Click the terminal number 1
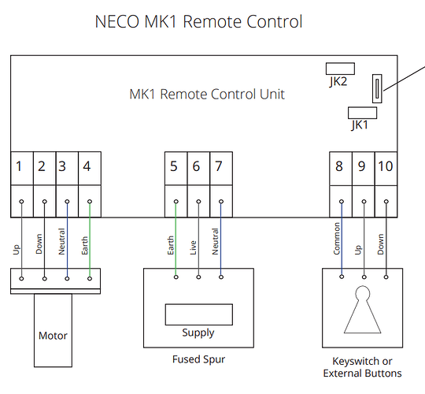coord(19,166)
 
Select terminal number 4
coord(87,166)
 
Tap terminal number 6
coord(196,166)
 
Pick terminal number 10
coord(386,166)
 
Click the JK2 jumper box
coord(340,69)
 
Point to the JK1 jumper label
coord(360,125)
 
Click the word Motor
coord(53,336)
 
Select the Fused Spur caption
coord(198,359)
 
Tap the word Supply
coord(198,333)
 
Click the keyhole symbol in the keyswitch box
coord(362,310)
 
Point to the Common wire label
coord(336,239)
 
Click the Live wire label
coord(193,247)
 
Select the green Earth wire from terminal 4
coord(90,240)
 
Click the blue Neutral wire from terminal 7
coord(221,239)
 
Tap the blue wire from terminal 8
coord(342,239)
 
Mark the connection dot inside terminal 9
coord(364,202)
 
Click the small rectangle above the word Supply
coord(199,314)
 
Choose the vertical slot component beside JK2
coord(377,88)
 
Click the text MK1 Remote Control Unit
coord(207,94)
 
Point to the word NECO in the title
coord(117,21)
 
